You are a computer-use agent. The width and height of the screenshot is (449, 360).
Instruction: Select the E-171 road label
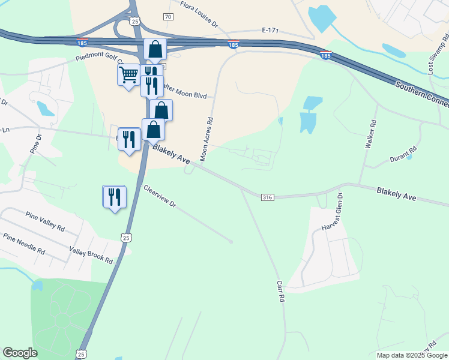[271, 29]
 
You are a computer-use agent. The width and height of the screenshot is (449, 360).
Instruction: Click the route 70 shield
[167, 16]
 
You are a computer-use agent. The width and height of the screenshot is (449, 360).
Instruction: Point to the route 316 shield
[268, 197]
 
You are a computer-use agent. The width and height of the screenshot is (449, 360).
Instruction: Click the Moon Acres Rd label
[208, 139]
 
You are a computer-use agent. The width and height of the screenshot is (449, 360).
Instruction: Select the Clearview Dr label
[159, 196]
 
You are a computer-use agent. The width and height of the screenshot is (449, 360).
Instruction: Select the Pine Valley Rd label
[45, 220]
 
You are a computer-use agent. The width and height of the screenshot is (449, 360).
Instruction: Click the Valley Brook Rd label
[91, 256]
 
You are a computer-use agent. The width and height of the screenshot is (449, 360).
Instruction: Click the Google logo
[20, 353]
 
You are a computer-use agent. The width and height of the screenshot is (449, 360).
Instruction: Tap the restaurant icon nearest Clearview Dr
[114, 196]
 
